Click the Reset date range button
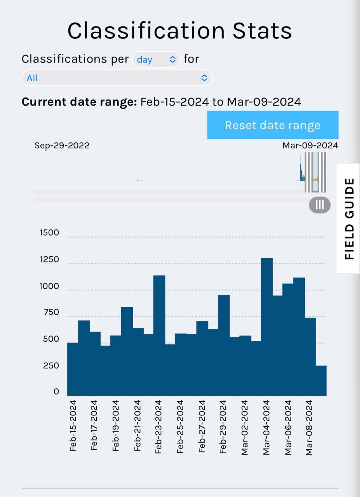pos(273,125)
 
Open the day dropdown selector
pos(156,59)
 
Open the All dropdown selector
pos(117,78)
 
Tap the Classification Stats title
pos(179,31)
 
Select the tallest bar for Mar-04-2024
pos(267,326)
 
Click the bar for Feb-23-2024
pos(159,336)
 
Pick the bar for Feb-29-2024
pos(224,346)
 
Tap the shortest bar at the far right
pos(321,381)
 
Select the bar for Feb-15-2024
pos(73,369)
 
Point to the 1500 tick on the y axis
pos(49,233)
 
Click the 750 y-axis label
pos(49,313)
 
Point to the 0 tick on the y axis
pos(56,392)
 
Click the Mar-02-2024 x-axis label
pos(245,427)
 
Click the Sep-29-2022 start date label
pos(62,146)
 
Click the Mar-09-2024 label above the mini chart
pos(310,146)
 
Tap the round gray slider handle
pos(320,205)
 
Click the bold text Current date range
pos(79,102)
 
